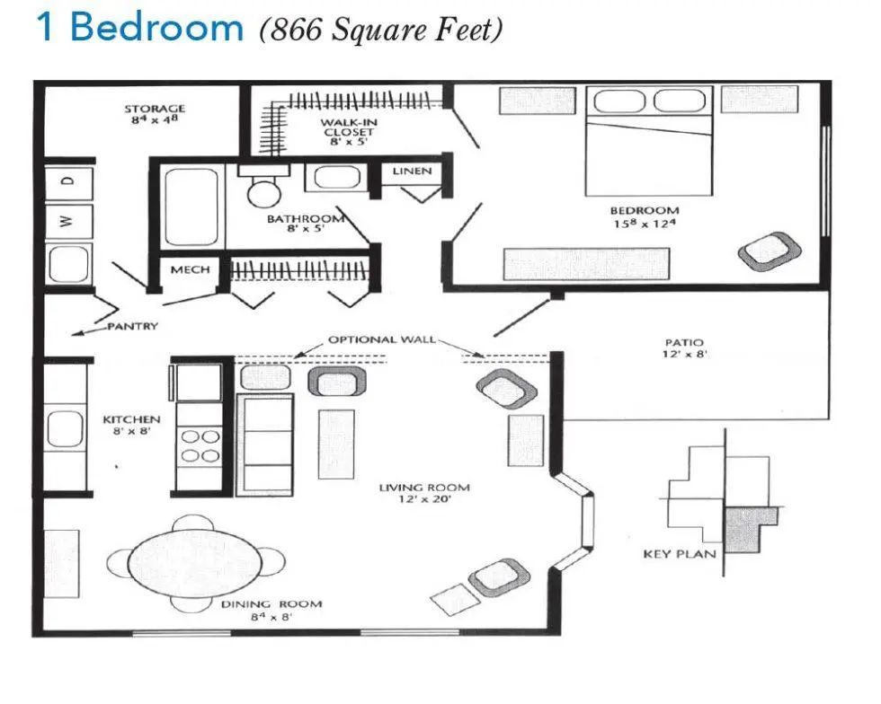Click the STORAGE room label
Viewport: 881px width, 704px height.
155,109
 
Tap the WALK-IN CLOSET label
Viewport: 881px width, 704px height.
349,128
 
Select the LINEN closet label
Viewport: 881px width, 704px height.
412,171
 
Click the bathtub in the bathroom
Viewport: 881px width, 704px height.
191,207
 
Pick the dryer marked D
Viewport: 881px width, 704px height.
68,181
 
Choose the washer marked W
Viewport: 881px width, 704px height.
68,221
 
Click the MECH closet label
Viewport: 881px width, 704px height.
190,270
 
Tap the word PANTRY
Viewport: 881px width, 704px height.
133,326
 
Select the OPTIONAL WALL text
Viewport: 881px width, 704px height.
382,339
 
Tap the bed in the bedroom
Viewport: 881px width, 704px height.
649,141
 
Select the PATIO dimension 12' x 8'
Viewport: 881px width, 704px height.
684,354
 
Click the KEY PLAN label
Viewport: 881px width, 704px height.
680,554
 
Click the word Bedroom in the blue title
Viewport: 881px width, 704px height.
156,26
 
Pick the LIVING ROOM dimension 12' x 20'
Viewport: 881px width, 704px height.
424,499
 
